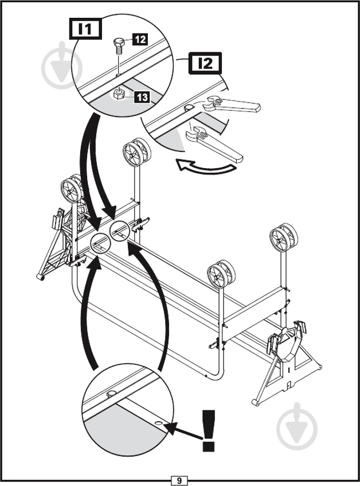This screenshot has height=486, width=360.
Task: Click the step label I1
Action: [85, 29]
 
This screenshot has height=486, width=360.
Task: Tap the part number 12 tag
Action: [140, 40]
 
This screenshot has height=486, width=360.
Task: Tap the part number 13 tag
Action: [142, 98]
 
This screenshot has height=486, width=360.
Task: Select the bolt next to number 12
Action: [119, 46]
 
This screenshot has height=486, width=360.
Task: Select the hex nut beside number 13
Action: [119, 94]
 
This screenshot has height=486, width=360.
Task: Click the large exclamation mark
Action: [208, 430]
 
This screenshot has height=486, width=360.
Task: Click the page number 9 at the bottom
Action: [179, 480]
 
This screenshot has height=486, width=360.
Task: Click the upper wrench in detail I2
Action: [231, 104]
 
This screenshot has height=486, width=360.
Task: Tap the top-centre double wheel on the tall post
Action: [136, 153]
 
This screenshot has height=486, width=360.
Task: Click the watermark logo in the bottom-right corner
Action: [297, 427]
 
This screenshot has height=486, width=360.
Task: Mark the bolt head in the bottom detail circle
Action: [111, 394]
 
